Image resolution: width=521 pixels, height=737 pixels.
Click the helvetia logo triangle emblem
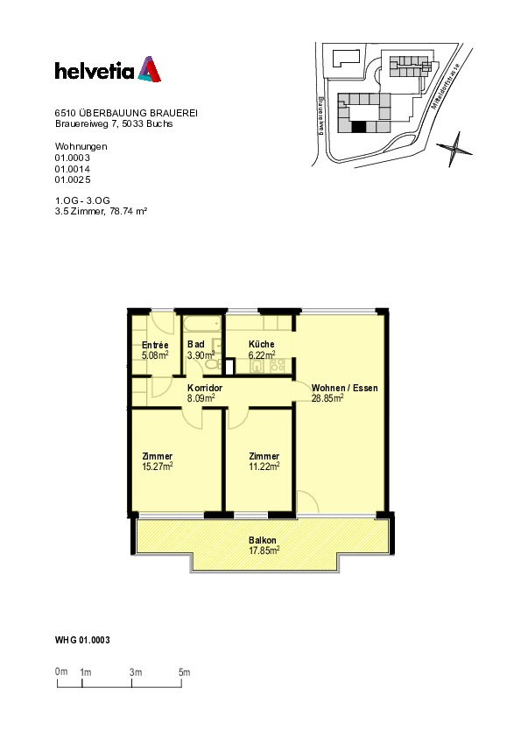(x=148, y=70)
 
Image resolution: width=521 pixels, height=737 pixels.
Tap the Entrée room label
(x=155, y=345)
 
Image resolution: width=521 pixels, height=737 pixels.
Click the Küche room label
(x=261, y=345)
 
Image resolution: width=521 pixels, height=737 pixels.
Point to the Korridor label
(x=204, y=388)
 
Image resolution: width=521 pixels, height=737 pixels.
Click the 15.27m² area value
(x=158, y=467)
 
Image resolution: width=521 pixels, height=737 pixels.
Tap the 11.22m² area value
(x=264, y=467)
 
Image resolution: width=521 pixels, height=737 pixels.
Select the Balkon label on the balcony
(x=263, y=541)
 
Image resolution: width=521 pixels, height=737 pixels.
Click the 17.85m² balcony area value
(x=263, y=551)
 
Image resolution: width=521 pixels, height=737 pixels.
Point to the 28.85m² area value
(x=327, y=397)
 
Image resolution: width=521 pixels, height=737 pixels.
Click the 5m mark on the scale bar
(x=184, y=671)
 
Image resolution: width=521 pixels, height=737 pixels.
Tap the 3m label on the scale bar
(x=136, y=671)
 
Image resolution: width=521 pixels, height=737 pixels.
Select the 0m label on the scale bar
(x=61, y=671)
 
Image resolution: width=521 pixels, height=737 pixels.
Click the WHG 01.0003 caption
(x=82, y=641)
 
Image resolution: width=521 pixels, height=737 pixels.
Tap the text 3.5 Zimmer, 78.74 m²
(x=100, y=211)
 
